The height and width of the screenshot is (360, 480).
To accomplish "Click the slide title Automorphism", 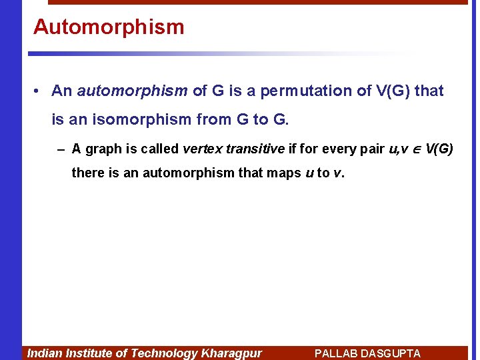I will (x=109, y=27).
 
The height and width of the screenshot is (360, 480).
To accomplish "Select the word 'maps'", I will (x=283, y=173).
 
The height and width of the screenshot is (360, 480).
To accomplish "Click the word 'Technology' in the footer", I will (x=164, y=353).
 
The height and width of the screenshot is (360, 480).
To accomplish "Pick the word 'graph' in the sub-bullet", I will (x=103, y=149).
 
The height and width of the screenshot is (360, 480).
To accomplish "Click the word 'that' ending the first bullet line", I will (x=429, y=91).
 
